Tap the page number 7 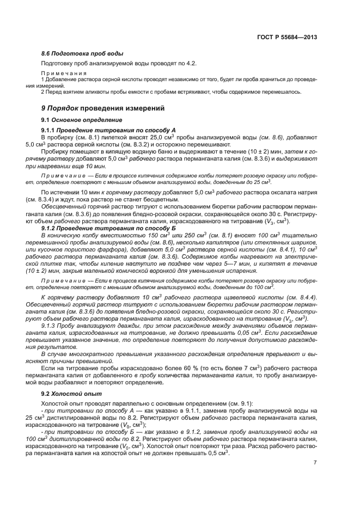315,463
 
